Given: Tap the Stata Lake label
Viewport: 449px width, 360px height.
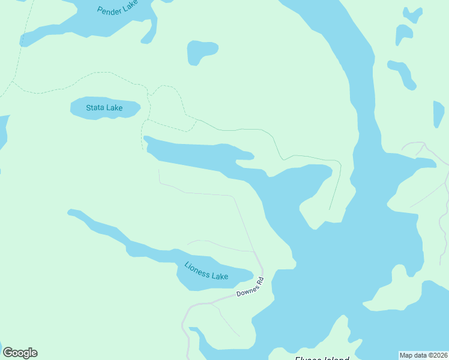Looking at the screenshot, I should point(104,108).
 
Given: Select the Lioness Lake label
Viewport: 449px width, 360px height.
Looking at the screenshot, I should point(206,271).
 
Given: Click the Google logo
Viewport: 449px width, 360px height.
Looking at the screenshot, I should point(20,353).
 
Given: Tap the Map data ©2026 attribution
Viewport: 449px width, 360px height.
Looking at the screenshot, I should point(423,355).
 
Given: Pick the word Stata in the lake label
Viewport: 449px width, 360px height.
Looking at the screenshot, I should point(95,108).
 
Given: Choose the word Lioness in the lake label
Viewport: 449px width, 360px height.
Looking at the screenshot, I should point(196,268).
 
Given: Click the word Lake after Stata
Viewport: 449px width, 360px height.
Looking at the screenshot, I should point(114,108).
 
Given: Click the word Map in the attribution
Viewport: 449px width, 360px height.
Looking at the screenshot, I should point(406,355).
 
